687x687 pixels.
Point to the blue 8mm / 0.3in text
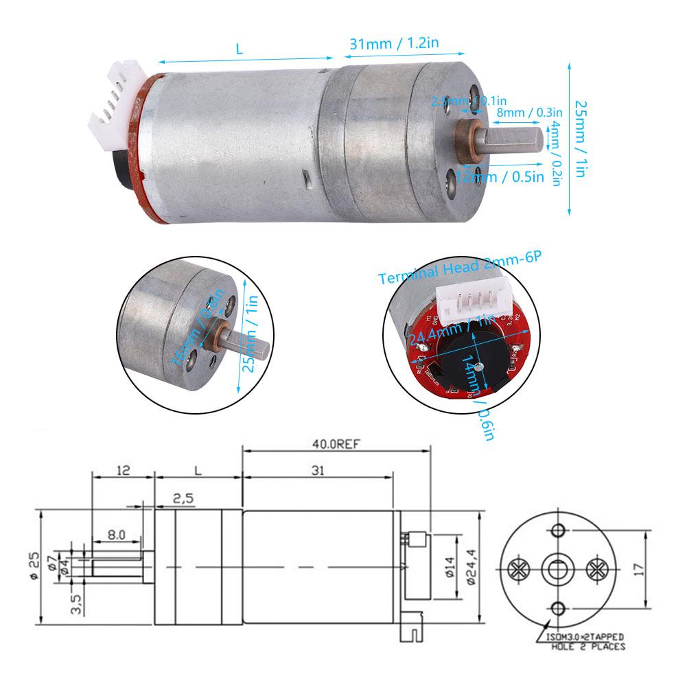529,112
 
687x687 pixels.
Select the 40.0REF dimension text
336,443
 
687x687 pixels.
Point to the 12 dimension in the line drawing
124,472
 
